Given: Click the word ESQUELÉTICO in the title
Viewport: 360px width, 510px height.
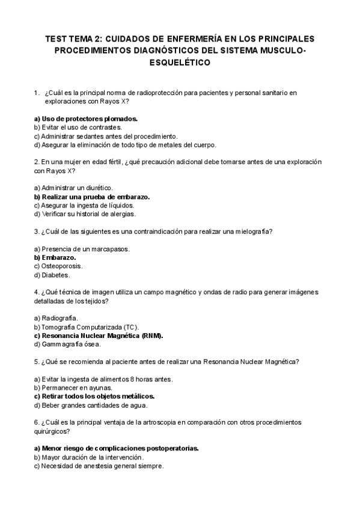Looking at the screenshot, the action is click(x=180, y=63).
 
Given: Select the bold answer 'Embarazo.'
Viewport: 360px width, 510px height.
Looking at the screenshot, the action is click(x=55, y=257).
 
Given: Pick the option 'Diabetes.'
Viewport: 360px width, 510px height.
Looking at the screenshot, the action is click(x=52, y=275).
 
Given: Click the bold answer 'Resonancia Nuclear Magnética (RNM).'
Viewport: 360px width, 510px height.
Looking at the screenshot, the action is click(x=99, y=336).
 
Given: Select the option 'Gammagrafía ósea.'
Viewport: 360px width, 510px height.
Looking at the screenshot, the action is click(x=67, y=345).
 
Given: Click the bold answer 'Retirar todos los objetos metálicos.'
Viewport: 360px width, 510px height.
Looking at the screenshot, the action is click(x=94, y=396).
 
